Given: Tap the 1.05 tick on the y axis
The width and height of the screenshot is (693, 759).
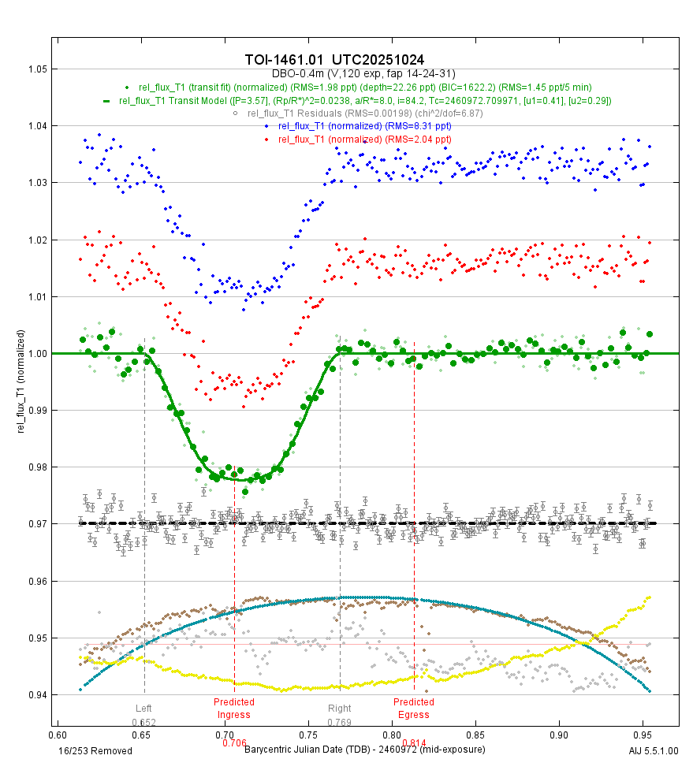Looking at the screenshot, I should pyautogui.click(x=38, y=69).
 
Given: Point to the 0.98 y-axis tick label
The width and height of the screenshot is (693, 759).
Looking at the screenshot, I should pyautogui.click(x=38, y=467).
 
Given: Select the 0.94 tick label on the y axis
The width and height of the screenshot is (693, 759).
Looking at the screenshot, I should pyautogui.click(x=38, y=695).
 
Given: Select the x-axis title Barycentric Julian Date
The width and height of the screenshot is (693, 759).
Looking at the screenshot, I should pyautogui.click(x=364, y=749).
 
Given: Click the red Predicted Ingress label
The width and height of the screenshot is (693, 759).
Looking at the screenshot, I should pyautogui.click(x=234, y=709).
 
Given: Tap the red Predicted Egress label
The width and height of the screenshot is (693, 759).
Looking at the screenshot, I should pyautogui.click(x=414, y=709).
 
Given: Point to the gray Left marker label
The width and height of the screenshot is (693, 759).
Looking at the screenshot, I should pyautogui.click(x=143, y=708).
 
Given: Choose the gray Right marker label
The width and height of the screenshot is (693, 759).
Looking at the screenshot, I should pyautogui.click(x=340, y=708).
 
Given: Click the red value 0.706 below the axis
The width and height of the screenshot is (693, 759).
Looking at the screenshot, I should pyautogui.click(x=234, y=742).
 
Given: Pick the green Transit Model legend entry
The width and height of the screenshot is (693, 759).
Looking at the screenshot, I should pyautogui.click(x=359, y=101).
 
